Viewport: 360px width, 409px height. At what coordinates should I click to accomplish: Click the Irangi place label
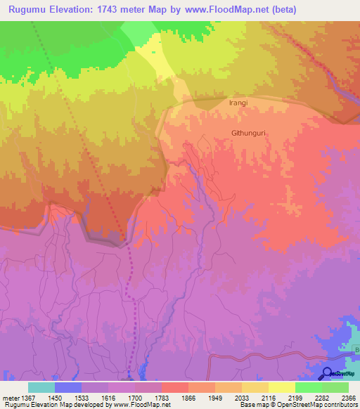point(238,103)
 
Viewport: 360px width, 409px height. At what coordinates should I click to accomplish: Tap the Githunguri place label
point(251,132)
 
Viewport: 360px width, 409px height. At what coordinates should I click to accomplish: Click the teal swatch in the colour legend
point(41,387)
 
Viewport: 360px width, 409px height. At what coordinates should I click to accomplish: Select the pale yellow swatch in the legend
point(281,387)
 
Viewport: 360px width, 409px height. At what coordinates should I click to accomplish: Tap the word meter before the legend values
point(10,398)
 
